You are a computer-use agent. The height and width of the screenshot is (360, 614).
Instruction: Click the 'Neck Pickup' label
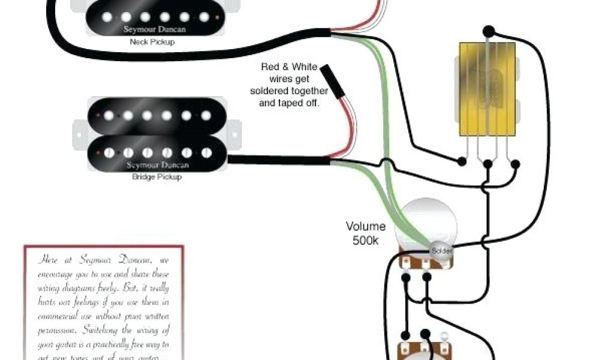pyautogui.click(x=147, y=42)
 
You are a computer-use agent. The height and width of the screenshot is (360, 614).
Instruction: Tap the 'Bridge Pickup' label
pyautogui.click(x=156, y=177)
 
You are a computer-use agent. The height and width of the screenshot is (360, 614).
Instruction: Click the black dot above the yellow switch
pyautogui.click(x=488, y=29)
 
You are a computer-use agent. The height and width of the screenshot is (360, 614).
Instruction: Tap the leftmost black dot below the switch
pyautogui.click(x=461, y=161)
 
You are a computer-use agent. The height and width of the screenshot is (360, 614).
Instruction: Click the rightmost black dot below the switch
pyautogui.click(x=515, y=163)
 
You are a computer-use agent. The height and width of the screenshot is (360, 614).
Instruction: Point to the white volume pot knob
pyautogui.click(x=428, y=229)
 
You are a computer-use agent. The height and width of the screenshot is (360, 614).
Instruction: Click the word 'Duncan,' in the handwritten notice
pyautogui.click(x=137, y=260)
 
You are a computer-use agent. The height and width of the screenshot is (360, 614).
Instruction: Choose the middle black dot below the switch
pyautogui.click(x=488, y=163)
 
